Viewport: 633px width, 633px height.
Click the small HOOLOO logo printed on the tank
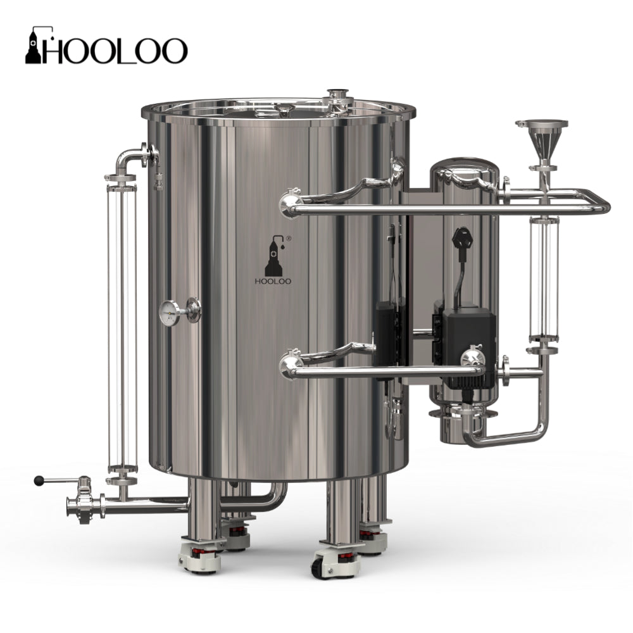point(273,260)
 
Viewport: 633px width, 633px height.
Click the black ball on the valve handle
point(39,481)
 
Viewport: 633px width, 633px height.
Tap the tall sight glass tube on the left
point(122,327)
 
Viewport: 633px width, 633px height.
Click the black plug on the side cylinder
point(463,238)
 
